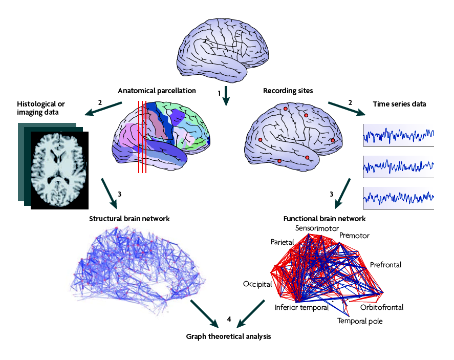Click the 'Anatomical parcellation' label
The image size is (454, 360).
[157, 91]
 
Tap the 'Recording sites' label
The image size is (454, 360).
[288, 91]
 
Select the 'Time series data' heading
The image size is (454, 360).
[399, 104]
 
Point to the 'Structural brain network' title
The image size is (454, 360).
[129, 218]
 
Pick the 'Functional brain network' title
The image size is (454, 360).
[325, 219]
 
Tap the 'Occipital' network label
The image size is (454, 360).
[257, 284]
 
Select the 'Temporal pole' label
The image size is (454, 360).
[359, 321]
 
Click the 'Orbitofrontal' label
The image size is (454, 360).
[381, 307]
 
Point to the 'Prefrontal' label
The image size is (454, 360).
[385, 265]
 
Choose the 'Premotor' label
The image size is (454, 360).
[354, 236]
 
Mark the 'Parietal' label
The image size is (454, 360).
[282, 242]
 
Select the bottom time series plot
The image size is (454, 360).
[398, 197]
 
